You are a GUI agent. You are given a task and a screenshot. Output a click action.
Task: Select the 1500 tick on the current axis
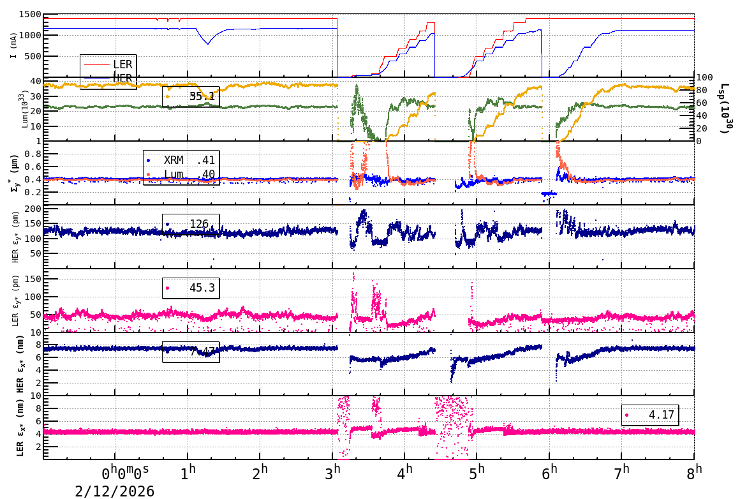click(31, 15)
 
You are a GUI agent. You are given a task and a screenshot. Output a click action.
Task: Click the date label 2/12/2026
click(115, 491)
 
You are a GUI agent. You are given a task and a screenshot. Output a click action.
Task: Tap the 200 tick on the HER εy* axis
click(33, 209)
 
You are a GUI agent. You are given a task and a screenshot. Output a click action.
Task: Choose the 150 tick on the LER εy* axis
click(33, 279)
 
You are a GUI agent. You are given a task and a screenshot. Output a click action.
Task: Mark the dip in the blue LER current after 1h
click(207, 43)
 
